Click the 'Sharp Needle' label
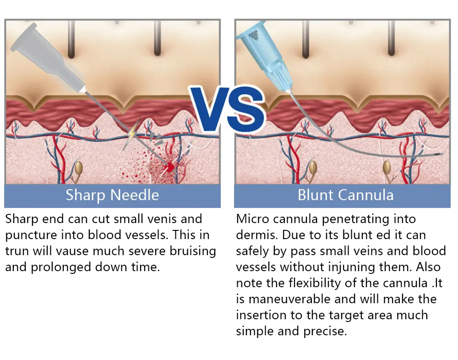(x=112, y=195)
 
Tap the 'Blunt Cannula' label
(x=345, y=195)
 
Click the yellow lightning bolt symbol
(x=132, y=134)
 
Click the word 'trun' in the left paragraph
(x=16, y=251)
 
